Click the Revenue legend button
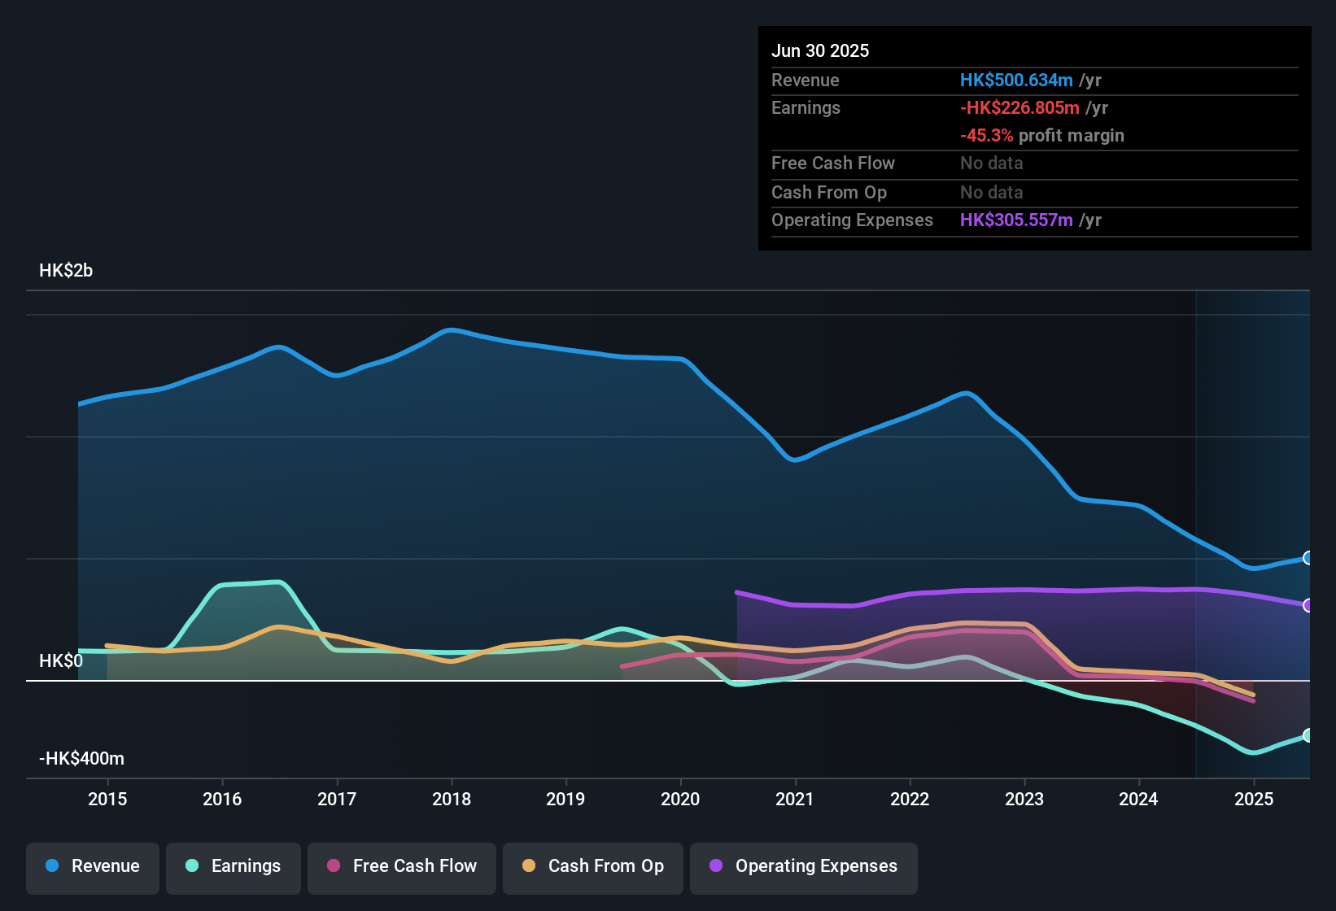pos(93,866)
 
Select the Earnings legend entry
pos(233,866)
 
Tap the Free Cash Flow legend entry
pos(402,866)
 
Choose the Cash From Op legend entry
pos(593,866)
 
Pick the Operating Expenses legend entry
pos(803,866)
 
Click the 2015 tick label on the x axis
pos(107,799)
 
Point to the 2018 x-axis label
pos(452,799)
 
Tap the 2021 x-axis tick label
pos(795,799)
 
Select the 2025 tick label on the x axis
pos(1254,799)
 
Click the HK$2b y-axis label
pos(66,271)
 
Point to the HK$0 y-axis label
pos(61,660)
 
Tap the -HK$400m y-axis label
pos(81,759)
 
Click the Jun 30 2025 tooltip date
pos(820,51)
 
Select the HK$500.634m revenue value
pos(1016,81)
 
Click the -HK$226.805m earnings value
pos(1019,108)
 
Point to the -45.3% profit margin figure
pos(986,136)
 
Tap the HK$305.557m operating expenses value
pos(1016,220)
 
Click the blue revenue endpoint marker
pos(1308,558)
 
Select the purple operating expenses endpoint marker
pos(1308,605)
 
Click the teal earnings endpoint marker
pos(1308,735)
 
